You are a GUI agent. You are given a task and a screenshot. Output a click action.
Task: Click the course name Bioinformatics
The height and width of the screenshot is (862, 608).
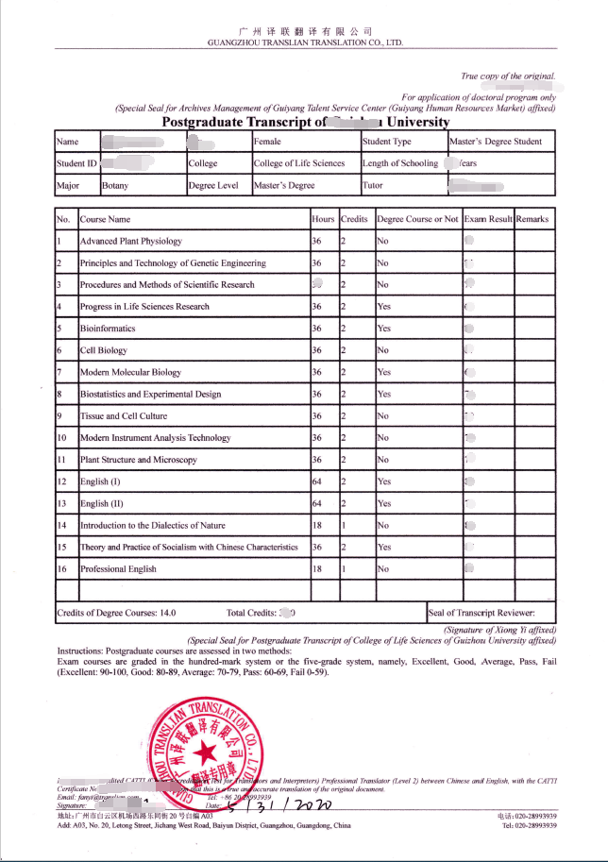[x=108, y=329]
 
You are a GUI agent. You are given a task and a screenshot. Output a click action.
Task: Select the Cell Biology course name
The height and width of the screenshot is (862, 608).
[x=103, y=350]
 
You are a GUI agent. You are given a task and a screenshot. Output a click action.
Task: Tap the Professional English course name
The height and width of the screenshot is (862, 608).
[x=118, y=569]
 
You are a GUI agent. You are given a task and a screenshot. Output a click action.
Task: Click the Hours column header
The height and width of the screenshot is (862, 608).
[x=323, y=219]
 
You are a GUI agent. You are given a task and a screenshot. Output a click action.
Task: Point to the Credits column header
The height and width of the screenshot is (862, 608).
[x=354, y=219]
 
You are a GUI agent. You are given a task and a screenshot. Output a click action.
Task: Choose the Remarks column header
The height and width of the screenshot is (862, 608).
[x=532, y=219]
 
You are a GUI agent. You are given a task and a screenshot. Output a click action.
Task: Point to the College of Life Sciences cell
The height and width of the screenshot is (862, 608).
[x=299, y=163]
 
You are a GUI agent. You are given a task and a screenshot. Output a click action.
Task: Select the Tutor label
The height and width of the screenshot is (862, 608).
[x=373, y=186]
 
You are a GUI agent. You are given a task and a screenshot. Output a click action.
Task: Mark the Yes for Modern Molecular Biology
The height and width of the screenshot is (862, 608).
[x=383, y=372]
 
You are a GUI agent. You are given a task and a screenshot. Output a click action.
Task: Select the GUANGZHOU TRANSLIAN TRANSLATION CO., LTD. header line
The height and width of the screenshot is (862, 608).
[x=305, y=43]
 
